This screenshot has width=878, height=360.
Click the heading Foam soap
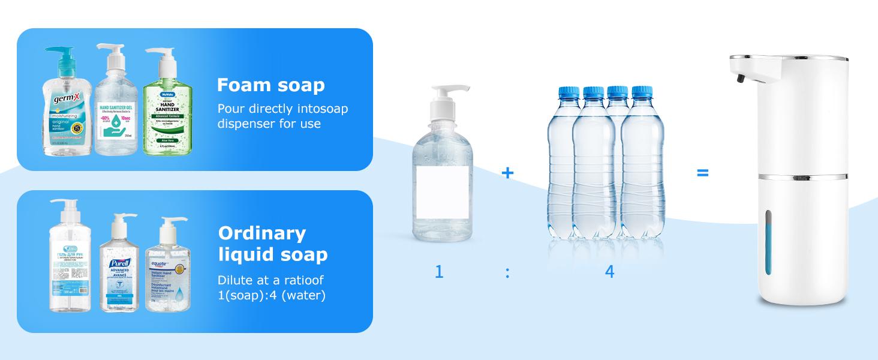pyautogui.click(x=270, y=85)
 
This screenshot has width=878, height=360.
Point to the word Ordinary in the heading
pyautogui.click(x=261, y=233)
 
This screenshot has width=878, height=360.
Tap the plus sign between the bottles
pyautogui.click(x=507, y=173)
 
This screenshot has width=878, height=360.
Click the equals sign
pyautogui.click(x=702, y=173)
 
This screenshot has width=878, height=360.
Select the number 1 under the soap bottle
pyautogui.click(x=439, y=272)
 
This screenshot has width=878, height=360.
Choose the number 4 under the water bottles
pyautogui.click(x=609, y=272)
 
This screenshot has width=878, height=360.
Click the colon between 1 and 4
pyautogui.click(x=507, y=273)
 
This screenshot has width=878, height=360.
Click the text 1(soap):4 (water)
pyautogui.click(x=272, y=295)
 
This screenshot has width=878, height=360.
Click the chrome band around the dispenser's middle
pyautogui.click(x=789, y=177)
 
